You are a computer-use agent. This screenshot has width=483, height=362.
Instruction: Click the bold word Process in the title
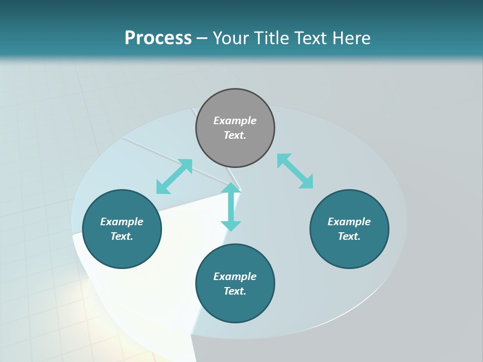tap(158, 38)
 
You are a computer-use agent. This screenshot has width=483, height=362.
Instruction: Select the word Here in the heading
tap(352, 38)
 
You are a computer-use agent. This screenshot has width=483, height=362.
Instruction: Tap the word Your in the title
tap(232, 38)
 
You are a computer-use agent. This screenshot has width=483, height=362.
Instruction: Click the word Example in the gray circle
tap(235, 121)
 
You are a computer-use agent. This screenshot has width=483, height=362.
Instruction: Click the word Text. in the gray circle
tap(235, 135)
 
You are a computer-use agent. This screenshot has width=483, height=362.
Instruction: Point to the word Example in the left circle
tap(122, 222)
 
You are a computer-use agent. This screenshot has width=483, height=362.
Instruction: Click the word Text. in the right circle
tap(349, 236)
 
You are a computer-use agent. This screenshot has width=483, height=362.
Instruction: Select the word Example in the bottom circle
tap(235, 277)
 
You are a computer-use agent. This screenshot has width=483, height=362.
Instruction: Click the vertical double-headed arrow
tap(231, 207)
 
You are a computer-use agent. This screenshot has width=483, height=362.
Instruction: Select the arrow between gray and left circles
tap(174, 176)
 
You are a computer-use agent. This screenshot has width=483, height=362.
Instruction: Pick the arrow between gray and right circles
tap(295, 171)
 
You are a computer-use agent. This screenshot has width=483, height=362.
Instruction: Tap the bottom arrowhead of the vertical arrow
tap(231, 226)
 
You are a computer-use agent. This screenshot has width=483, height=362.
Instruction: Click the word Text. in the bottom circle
tap(235, 291)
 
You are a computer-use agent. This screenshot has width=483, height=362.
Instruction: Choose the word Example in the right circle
tap(349, 222)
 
